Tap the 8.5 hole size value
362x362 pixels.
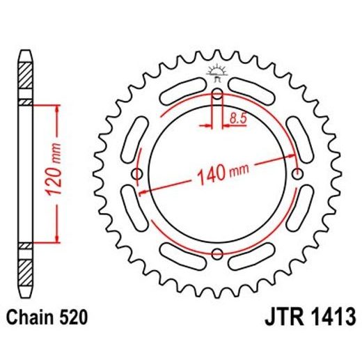coord(237,119)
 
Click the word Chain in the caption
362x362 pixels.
coord(32,318)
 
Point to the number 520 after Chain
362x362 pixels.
coord(73,318)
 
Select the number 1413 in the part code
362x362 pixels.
coord(331,318)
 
